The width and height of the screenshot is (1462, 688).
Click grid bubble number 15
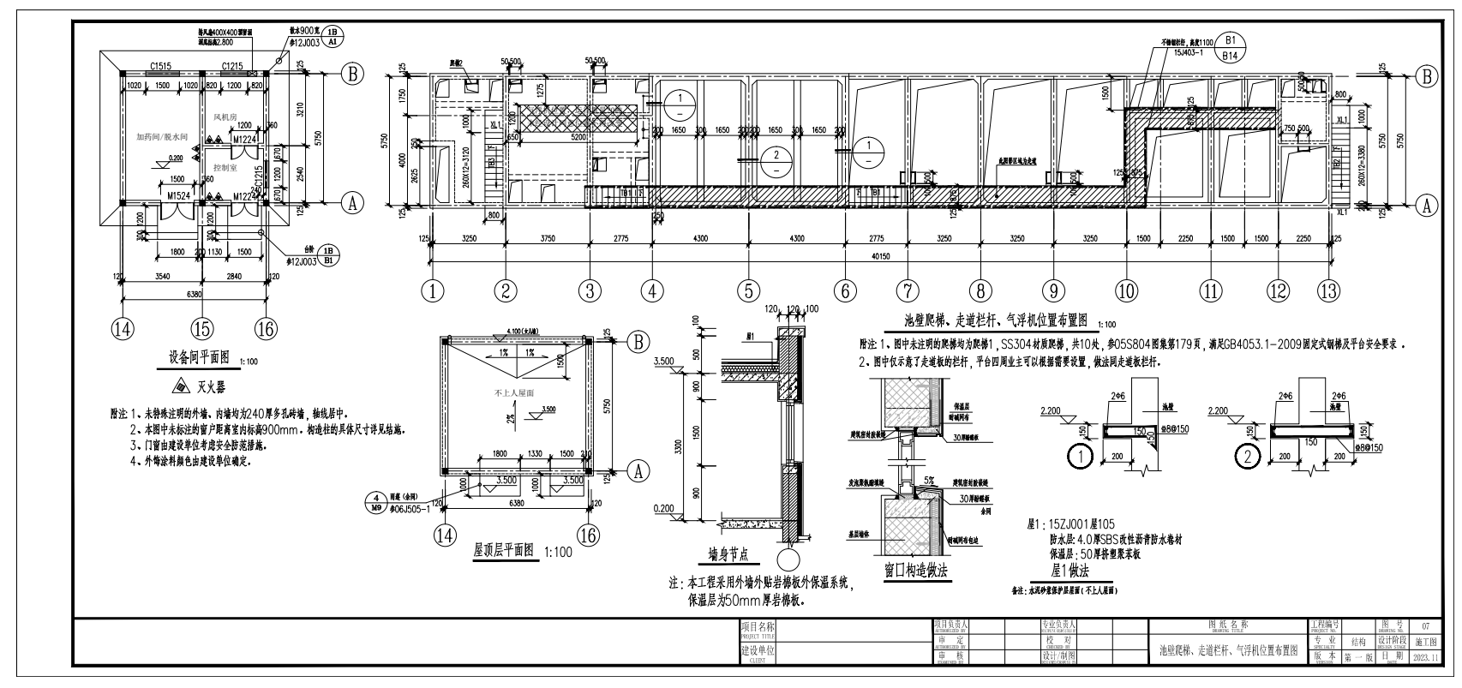(x=201, y=326)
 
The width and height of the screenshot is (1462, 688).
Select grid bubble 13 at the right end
(x=1328, y=291)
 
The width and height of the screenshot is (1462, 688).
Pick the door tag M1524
(x=178, y=196)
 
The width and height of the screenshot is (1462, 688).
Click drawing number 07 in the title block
(x=1425, y=627)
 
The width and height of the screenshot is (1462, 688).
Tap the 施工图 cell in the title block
(x=1425, y=642)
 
